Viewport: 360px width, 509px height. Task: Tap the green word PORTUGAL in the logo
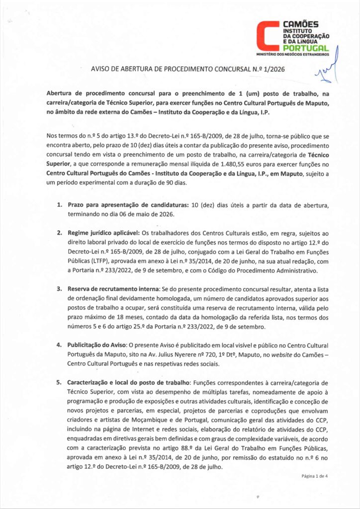pos(305,48)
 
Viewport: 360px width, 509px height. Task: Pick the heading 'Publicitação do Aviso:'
pos(98,344)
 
